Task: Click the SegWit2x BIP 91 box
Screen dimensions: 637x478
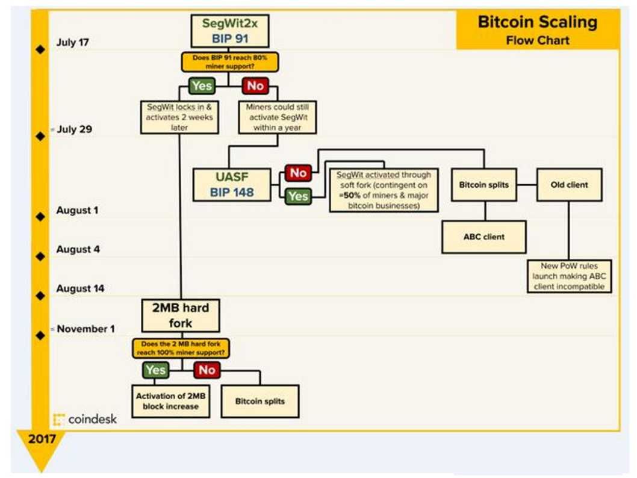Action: pyautogui.click(x=230, y=31)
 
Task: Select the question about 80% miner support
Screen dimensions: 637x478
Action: pyautogui.click(x=230, y=62)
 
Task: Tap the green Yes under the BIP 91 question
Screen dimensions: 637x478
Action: pyautogui.click(x=202, y=85)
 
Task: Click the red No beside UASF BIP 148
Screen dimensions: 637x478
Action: pyautogui.click(x=298, y=173)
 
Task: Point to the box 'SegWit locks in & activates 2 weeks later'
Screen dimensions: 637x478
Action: pyautogui.click(x=179, y=117)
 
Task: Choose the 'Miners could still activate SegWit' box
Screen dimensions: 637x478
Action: pyautogui.click(x=278, y=117)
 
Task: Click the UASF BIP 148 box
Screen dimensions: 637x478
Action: pyautogui.click(x=232, y=185)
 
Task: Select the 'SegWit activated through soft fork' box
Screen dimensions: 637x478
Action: pyautogui.click(x=384, y=190)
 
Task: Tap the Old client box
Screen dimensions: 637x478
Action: pyautogui.click(x=569, y=185)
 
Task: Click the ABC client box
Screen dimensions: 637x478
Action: pyautogui.click(x=484, y=237)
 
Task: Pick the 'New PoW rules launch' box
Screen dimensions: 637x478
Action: pyautogui.click(x=569, y=276)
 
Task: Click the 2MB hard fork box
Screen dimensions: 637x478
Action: pyautogui.click(x=181, y=315)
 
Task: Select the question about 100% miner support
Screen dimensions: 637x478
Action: pyautogui.click(x=181, y=349)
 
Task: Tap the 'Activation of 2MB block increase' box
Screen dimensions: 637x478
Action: pyautogui.click(x=171, y=402)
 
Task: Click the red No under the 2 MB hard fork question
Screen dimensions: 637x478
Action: pyautogui.click(x=207, y=370)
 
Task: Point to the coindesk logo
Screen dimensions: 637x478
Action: pyautogui.click(x=85, y=419)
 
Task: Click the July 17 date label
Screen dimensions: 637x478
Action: pyautogui.click(x=73, y=42)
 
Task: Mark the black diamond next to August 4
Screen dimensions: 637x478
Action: pyautogui.click(x=40, y=256)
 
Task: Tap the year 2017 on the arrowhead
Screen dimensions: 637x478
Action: pyautogui.click(x=42, y=439)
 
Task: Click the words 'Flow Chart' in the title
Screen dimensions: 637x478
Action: pyautogui.click(x=538, y=40)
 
